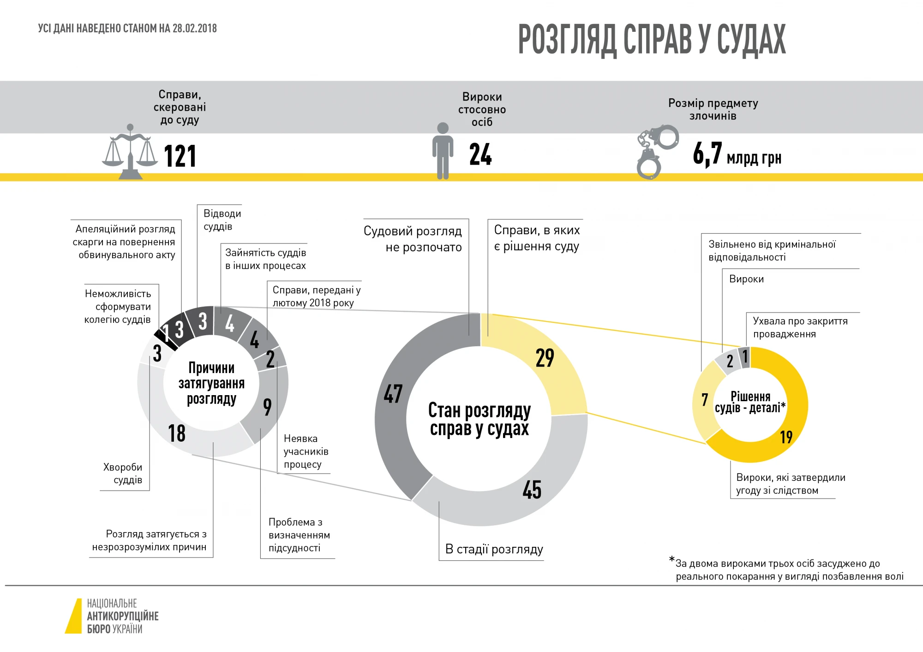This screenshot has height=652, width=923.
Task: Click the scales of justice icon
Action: click(130, 153)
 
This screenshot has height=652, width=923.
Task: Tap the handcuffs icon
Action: click(655, 152)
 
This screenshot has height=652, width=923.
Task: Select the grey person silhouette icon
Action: click(443, 150)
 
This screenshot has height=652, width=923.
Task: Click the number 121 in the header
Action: click(180, 156)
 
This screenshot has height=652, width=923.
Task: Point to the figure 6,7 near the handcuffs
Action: click(707, 154)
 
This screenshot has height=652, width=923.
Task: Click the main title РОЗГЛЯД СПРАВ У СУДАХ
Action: click(652, 40)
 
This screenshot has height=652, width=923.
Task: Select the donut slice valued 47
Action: click(392, 406)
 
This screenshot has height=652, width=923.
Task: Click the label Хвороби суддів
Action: click(123, 474)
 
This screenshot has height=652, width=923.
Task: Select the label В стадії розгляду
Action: click(494, 549)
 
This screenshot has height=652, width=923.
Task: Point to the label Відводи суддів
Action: click(222, 220)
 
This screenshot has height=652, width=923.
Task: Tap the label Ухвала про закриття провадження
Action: click(800, 327)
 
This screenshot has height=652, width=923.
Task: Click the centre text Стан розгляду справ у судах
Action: click(479, 419)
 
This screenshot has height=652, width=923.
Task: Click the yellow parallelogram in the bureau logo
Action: click(74, 616)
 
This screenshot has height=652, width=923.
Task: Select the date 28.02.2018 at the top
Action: click(194, 29)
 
